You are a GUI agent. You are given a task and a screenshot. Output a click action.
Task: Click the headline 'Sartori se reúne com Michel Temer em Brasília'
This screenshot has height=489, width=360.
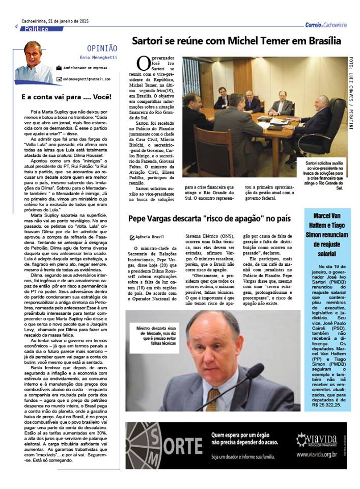coord(236,41)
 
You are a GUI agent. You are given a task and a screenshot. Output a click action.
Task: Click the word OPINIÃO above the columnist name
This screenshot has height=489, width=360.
coord(102,48)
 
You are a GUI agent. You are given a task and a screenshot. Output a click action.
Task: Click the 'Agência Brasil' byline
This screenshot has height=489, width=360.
coord(148,237)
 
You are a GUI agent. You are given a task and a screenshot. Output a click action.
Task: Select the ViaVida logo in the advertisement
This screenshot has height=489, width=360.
coord(317,439)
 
